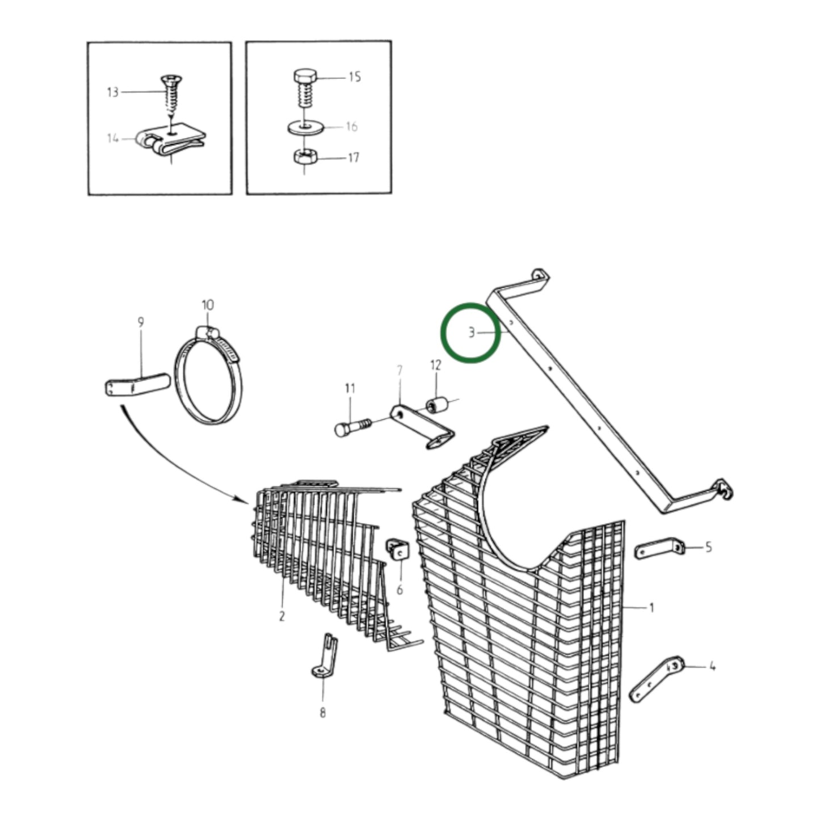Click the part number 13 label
[113, 92]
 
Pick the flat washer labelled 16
[306, 128]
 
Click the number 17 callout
[354, 158]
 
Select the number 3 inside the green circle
[471, 333]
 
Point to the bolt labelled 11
[353, 428]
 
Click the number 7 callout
[399, 371]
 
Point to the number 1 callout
[651, 608]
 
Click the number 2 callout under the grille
[281, 616]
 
